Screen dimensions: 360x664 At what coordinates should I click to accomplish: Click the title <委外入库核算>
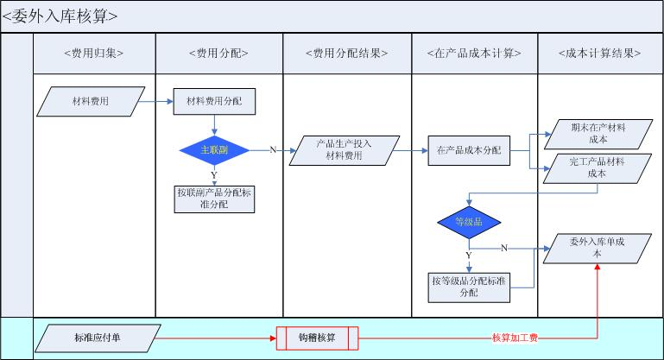point(60,16)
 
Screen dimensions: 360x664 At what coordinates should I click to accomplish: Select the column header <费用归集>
point(93,54)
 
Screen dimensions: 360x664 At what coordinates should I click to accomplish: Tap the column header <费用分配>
point(218,54)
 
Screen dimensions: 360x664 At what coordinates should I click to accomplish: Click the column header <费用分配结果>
point(346,54)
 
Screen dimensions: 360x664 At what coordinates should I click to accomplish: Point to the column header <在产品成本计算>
point(474,54)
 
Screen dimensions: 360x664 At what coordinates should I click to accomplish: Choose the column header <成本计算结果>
point(599,54)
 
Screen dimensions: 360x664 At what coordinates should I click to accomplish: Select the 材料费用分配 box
point(215,101)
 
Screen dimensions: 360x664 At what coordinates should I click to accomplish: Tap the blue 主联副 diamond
point(214,149)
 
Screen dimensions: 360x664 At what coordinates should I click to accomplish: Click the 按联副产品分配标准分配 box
point(214,199)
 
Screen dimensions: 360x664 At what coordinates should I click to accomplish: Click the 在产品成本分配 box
point(469,150)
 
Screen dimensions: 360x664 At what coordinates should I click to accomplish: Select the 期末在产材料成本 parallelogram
point(598,132)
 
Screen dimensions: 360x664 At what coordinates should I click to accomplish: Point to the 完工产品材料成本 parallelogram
point(598,167)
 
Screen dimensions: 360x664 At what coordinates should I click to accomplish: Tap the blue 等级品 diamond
point(468,223)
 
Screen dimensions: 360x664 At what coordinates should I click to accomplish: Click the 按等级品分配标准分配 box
point(468,287)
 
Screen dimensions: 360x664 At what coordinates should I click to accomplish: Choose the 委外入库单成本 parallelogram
point(598,249)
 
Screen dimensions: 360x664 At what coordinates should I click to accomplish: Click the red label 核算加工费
point(515,338)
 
